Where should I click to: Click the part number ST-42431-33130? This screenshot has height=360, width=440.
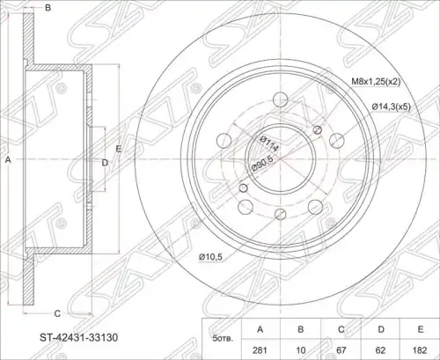[78, 337]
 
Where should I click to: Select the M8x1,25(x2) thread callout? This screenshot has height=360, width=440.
[376, 82]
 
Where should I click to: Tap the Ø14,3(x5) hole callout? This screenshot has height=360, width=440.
[391, 107]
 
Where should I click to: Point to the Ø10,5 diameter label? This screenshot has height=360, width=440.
[210, 257]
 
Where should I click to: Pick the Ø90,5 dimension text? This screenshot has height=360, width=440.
[263, 164]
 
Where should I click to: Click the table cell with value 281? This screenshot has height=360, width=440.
[260, 350]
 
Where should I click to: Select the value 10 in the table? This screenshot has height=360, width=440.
[301, 350]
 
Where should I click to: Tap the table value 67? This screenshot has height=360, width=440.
[341, 350]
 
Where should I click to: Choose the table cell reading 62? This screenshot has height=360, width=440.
[380, 350]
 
